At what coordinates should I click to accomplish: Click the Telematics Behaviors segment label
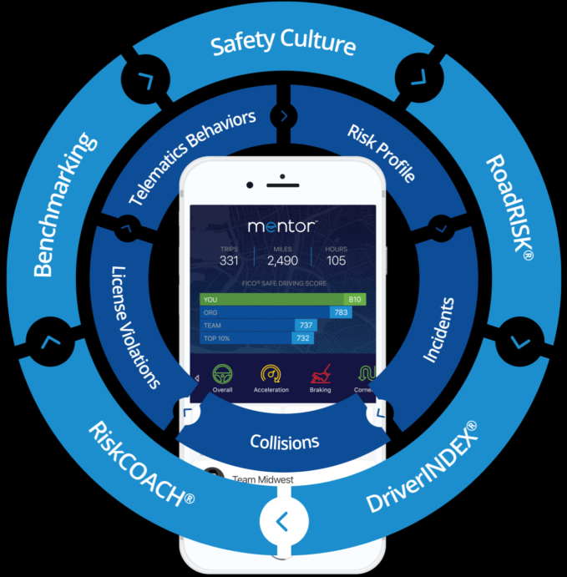point(192,158)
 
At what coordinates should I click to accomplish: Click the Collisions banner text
point(285,441)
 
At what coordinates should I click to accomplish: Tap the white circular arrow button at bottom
point(282,521)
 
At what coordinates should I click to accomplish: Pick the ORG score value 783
point(341,311)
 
